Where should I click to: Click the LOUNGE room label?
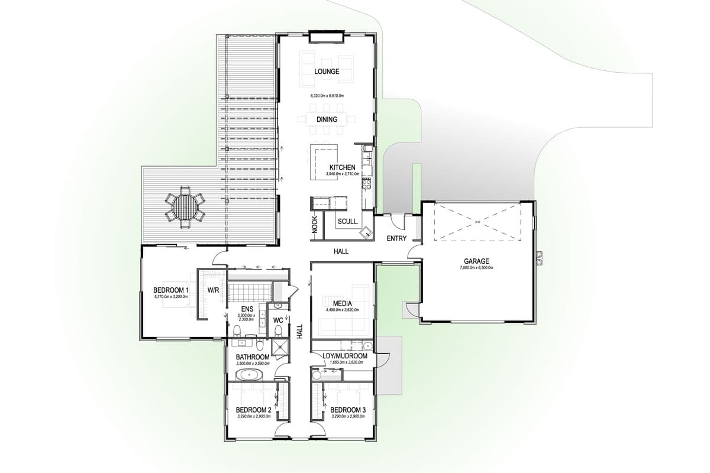click(327, 72)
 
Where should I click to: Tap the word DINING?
click(327, 119)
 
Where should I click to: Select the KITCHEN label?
click(343, 168)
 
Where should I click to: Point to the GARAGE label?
click(476, 261)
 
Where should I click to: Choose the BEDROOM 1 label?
click(170, 290)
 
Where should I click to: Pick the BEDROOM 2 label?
click(253, 410)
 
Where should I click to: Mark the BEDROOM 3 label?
click(348, 410)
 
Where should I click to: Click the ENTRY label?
click(396, 239)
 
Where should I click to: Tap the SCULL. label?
click(346, 222)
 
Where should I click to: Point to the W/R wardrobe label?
click(214, 290)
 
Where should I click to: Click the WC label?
click(277, 320)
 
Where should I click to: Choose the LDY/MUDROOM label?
click(345, 357)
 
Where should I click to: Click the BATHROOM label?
click(253, 357)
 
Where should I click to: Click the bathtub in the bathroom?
click(249, 375)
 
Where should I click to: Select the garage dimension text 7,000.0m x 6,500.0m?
click(476, 268)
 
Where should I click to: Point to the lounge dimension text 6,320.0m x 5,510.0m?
click(327, 95)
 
